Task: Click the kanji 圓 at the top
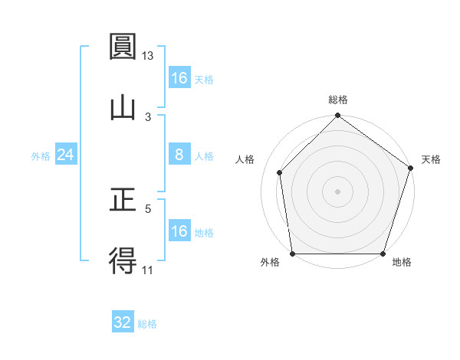pos(123,48)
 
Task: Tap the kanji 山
pos(123,107)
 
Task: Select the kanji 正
pos(123,201)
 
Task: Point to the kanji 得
pos(123,260)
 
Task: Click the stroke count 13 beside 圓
pos(148,56)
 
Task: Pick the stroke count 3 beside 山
pos(148,116)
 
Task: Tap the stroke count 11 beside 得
pos(148,270)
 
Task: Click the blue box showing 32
pos(123,322)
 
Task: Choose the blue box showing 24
pos(66,155)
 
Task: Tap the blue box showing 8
pos(179,155)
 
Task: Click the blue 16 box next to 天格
pos(179,78)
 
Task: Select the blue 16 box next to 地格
pos(179,231)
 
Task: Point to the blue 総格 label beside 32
pos(147,324)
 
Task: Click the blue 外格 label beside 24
pos(41,156)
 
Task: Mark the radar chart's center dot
pos(337,191)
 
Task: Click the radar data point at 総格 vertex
pos(337,117)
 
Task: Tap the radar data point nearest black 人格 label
pos(280,172)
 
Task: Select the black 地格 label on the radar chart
pos(402,263)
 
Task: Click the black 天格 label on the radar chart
pos(431,159)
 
